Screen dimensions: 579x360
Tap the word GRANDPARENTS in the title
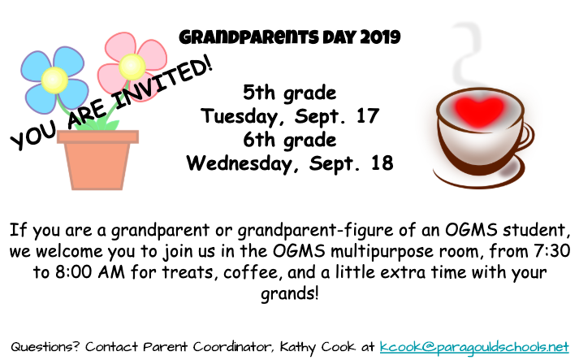point(248,37)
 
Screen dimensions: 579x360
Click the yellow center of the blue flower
point(54,80)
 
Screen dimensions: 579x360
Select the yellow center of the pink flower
point(132,67)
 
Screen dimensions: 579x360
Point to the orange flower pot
point(98,159)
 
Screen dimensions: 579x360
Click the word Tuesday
point(244,116)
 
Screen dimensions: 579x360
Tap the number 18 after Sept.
point(382,163)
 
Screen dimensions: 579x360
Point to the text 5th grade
point(289,93)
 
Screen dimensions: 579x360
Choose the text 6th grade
point(289,141)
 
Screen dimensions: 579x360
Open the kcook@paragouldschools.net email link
point(474,347)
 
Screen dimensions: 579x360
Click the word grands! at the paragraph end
point(289,294)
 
